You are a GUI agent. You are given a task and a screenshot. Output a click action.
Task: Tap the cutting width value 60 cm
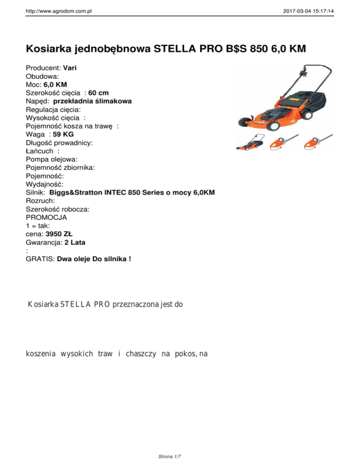[x=98, y=92]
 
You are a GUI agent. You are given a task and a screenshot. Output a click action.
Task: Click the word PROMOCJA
[x=46, y=218]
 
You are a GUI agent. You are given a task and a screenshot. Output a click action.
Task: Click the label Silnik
[x=35, y=193]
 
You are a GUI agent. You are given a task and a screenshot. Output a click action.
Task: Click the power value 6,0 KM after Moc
[x=55, y=84]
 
